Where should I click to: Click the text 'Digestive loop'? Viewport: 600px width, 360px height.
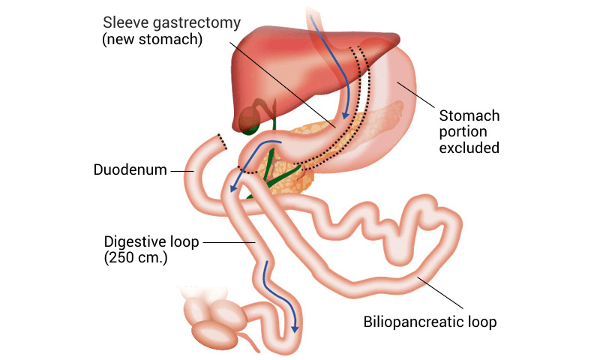(x=149, y=242)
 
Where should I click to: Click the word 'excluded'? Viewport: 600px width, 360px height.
(x=469, y=148)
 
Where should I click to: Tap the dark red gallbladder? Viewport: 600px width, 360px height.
(x=250, y=118)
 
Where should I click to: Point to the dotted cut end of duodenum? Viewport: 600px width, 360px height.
(x=219, y=139)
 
